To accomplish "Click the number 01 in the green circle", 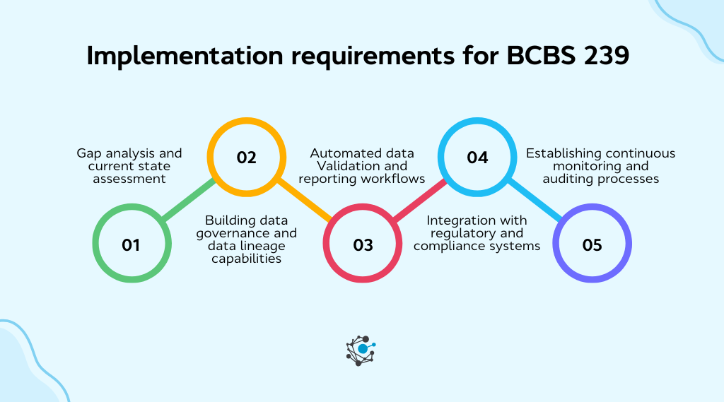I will coord(131,245).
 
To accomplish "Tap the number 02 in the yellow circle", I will coord(246,158).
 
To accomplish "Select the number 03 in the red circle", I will coord(363,245).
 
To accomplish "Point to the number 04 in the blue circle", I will coord(477,158).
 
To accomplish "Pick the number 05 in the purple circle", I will coord(592,245).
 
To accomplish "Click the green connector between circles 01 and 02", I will coord(189,201).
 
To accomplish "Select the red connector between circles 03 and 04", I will coord(420,201).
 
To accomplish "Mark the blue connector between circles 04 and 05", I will coord(535,201).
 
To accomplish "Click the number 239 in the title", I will coord(605,56).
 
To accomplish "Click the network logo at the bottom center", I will coord(362,350).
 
